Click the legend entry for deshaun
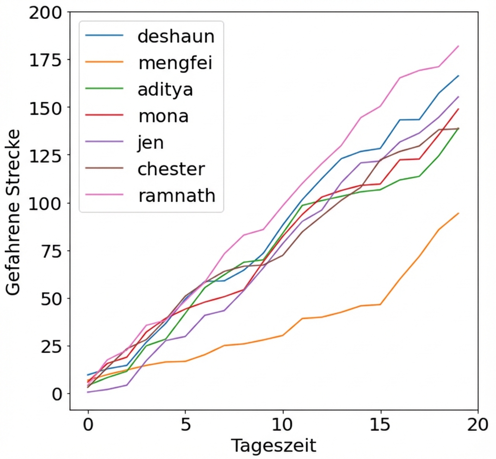[x=176, y=36]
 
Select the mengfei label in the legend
[x=175, y=63]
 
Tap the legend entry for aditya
[x=165, y=89]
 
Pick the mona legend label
[x=163, y=116]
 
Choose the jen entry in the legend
[x=151, y=143]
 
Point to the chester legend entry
[x=171, y=169]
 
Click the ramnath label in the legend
[x=176, y=196]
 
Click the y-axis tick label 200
[x=46, y=12]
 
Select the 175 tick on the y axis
[x=46, y=60]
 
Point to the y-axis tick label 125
[x=46, y=155]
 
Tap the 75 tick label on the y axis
[x=51, y=250]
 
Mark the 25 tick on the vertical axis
[x=51, y=346]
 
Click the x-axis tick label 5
[x=186, y=425]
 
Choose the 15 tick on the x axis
[x=380, y=425]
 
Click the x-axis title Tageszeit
[x=273, y=446]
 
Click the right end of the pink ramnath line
[x=458, y=46]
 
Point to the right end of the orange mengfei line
[x=458, y=213]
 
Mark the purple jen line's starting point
[x=88, y=392]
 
